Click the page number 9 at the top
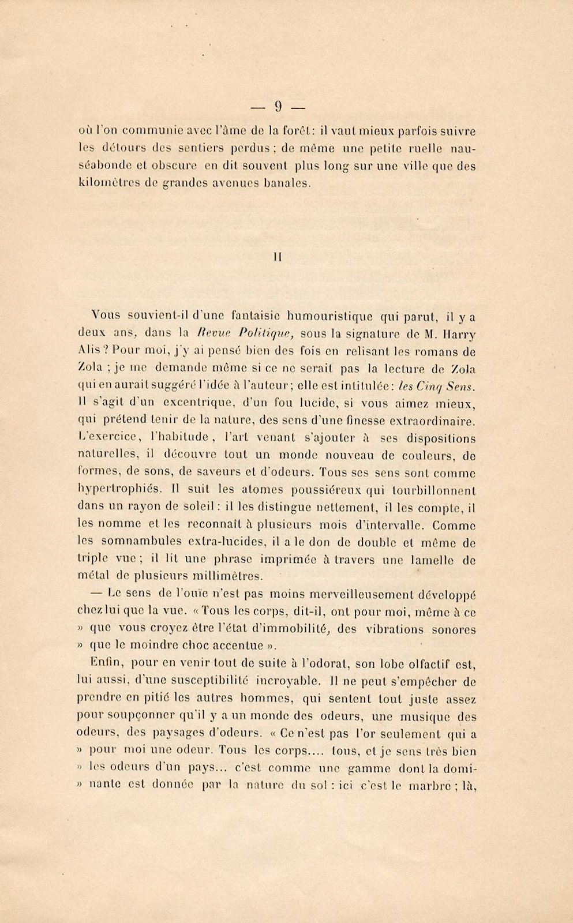(x=278, y=106)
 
